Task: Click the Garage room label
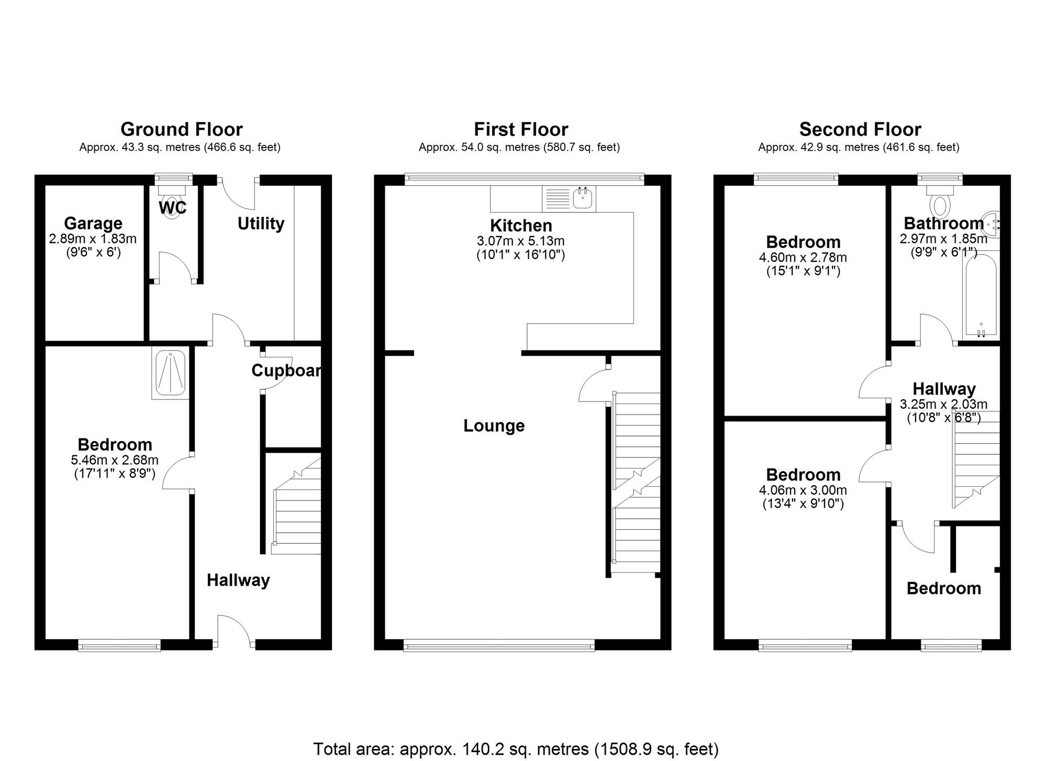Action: tap(93, 223)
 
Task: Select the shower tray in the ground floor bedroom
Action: tap(170, 373)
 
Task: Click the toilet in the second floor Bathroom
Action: tap(940, 205)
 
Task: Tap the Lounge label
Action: tap(494, 426)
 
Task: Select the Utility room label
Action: tap(261, 223)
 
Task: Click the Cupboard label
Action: tap(286, 371)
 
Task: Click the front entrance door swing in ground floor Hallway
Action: tap(235, 631)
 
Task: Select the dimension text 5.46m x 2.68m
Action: tap(115, 461)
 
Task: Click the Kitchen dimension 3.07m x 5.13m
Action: tap(520, 241)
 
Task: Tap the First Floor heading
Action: tap(520, 129)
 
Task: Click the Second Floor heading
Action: tap(860, 129)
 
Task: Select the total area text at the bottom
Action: tap(516, 749)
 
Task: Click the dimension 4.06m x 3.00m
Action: tap(803, 490)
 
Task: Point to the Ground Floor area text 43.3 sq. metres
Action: tap(180, 148)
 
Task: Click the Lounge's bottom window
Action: tap(499, 647)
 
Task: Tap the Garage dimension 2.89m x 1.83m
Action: tap(93, 239)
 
